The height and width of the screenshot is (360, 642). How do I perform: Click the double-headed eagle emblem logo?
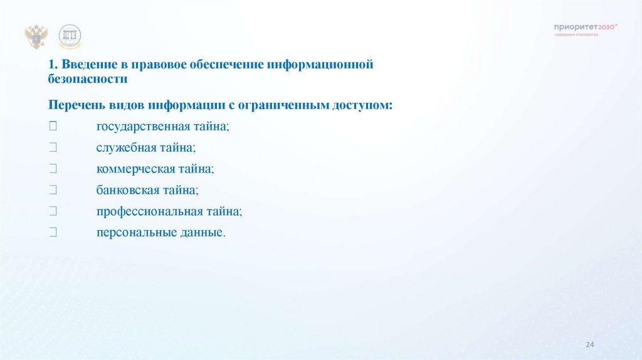coord(36,37)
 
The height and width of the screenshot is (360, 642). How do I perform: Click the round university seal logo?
coord(70,36)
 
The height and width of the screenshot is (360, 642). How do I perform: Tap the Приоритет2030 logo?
coord(586,28)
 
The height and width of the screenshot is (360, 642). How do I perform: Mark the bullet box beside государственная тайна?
coord(53,126)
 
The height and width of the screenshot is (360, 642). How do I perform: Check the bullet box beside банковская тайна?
coord(53,190)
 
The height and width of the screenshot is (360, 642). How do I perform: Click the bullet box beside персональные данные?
coord(53,233)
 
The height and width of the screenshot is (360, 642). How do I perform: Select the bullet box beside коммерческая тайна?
coord(53,169)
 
